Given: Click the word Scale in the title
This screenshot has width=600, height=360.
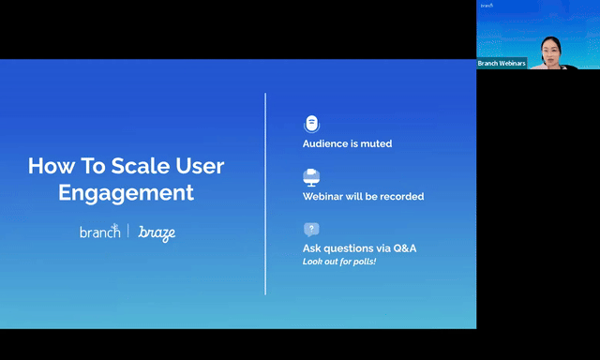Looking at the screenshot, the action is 140,166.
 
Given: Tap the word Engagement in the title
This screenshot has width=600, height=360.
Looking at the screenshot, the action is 126,193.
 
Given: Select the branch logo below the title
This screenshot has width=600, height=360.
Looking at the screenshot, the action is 100,231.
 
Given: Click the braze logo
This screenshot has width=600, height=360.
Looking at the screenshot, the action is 157,233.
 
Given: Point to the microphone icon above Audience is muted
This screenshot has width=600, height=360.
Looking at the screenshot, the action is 312,124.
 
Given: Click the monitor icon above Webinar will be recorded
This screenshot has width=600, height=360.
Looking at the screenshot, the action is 311,177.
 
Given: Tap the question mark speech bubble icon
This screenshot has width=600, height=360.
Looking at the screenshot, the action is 311,230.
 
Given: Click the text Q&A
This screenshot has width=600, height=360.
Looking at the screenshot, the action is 405,248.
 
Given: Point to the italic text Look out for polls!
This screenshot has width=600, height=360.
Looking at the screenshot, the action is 339,262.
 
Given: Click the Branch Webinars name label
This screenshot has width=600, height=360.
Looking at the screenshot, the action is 502,64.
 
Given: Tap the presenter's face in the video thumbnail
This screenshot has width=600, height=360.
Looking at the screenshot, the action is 550,52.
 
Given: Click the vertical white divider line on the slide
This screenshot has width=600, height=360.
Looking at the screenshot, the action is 265,193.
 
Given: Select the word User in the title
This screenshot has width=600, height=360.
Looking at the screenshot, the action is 200,166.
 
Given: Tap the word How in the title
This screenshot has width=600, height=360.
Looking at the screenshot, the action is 52,166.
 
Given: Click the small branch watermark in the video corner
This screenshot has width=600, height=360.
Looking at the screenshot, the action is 487,6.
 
